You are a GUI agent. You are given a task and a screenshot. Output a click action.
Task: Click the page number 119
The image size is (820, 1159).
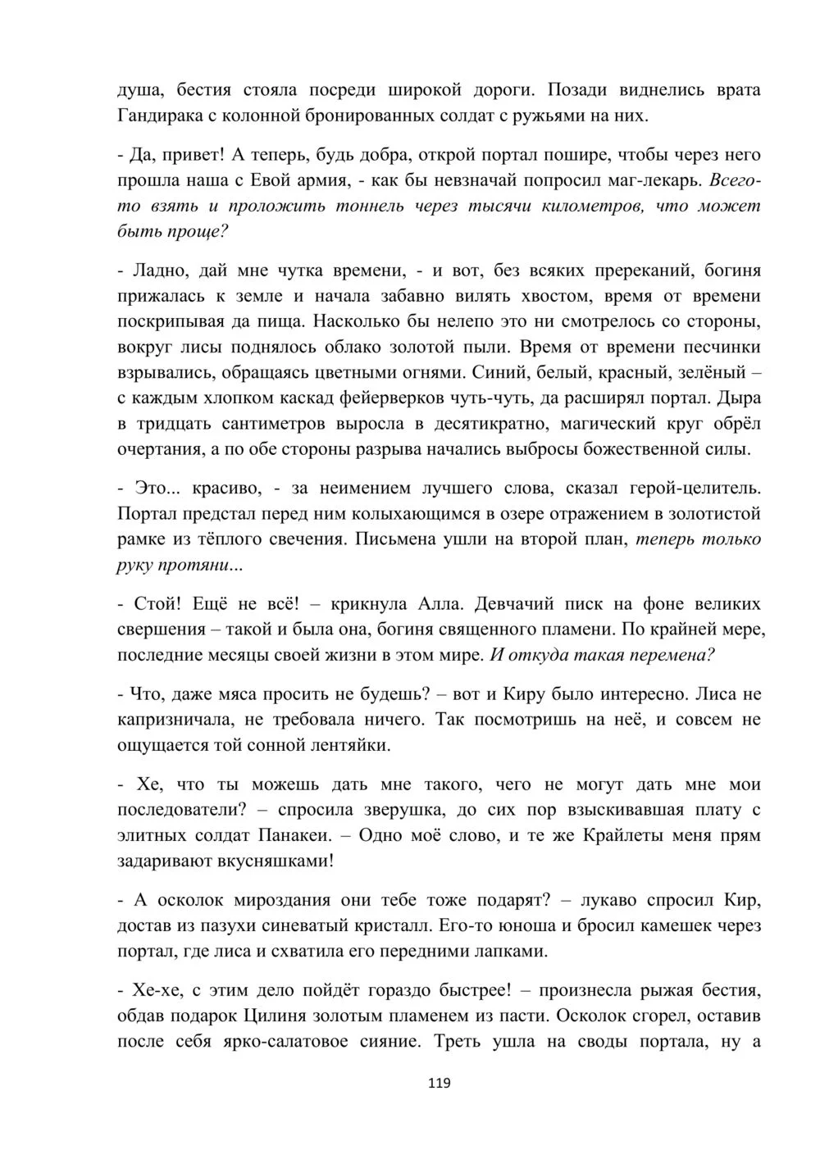(439, 1083)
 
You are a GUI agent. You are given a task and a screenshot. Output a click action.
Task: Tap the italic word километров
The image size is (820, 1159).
(597, 206)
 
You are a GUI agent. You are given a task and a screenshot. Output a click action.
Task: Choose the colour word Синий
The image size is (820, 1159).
(491, 373)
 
